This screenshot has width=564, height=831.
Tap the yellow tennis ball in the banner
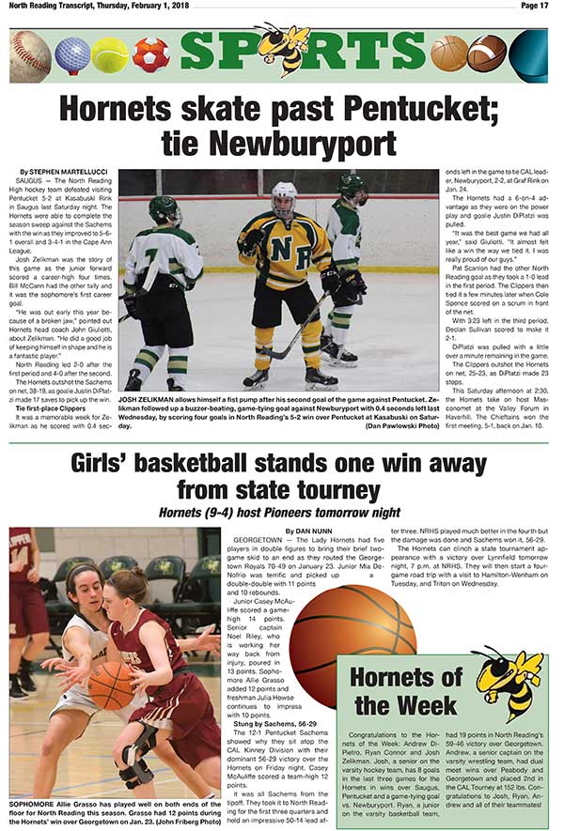pos(110,55)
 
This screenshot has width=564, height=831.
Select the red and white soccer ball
pos(150,55)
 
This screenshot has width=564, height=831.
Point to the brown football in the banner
pos(487,54)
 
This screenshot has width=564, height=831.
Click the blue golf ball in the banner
pos(72,55)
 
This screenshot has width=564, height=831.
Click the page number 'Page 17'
pos(531,6)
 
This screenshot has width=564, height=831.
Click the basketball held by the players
pos(110,685)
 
